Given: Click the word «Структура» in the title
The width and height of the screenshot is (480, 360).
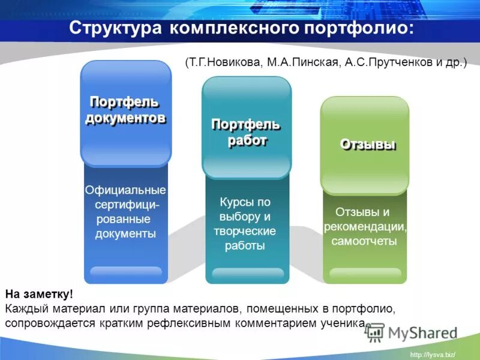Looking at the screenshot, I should tap(114, 28).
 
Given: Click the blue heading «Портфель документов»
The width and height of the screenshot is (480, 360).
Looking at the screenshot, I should tap(125, 109).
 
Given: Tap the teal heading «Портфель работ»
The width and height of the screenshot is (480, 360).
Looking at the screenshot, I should tap(246, 132).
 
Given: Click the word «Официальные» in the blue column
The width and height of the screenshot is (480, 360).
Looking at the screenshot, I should tap(125, 190).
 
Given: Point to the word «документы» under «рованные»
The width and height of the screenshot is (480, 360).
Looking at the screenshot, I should tap(125, 234).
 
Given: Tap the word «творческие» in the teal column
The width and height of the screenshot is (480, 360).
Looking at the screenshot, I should tap(245, 231).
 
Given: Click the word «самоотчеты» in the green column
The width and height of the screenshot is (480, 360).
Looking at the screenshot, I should tap(364, 241).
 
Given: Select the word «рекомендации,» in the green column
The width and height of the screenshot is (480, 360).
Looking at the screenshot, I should tap(365, 227).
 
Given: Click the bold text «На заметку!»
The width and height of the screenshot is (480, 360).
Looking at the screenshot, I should tap(39, 294).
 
